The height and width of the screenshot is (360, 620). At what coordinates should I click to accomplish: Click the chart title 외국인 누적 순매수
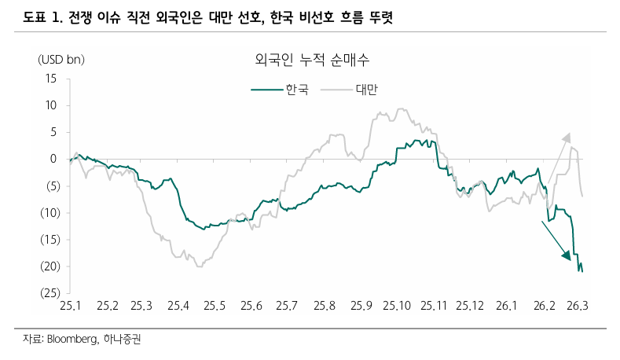pos(313,60)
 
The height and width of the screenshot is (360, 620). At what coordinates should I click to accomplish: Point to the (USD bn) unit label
pos(61,60)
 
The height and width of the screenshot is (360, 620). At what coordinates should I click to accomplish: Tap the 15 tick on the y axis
pos(51,78)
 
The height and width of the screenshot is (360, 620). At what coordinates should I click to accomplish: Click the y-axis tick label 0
pos(53,159)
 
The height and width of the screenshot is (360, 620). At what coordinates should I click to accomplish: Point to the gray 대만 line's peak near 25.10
pos(403,110)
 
